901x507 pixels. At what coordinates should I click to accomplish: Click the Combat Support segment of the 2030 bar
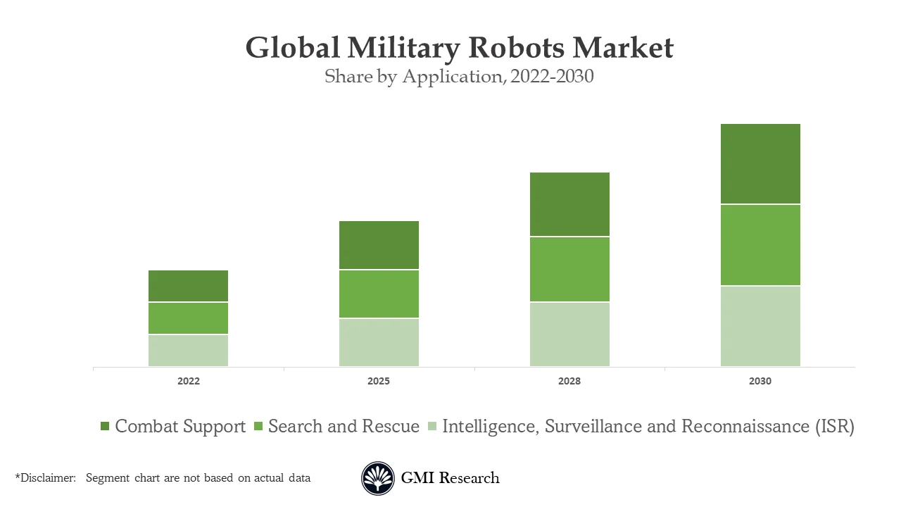[x=760, y=164]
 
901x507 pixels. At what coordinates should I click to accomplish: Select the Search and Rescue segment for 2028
[x=569, y=269]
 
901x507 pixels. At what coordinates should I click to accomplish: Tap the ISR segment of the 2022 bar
[x=188, y=350]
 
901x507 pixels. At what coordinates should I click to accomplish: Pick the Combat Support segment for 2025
[x=379, y=245]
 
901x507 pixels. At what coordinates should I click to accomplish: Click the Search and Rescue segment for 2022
[x=188, y=318]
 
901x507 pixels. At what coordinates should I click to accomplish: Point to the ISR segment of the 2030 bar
[x=760, y=326]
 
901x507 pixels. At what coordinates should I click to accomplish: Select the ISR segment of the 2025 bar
[x=379, y=342]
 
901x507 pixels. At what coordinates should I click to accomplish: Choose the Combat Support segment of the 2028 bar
[x=569, y=204]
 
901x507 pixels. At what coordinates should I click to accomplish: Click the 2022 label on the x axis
[x=188, y=381]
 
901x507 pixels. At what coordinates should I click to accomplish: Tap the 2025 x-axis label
[x=379, y=381]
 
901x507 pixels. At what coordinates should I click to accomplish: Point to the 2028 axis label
[x=569, y=381]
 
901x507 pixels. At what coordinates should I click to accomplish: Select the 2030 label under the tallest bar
[x=760, y=381]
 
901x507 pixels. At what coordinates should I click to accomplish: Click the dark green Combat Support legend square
[x=105, y=426]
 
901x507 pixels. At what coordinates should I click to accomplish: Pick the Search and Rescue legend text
[x=344, y=426]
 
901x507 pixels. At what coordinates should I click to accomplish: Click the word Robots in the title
[x=516, y=48]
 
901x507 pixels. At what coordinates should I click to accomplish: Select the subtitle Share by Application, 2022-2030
[x=459, y=76]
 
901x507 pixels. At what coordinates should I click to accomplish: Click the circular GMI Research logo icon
[x=378, y=478]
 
